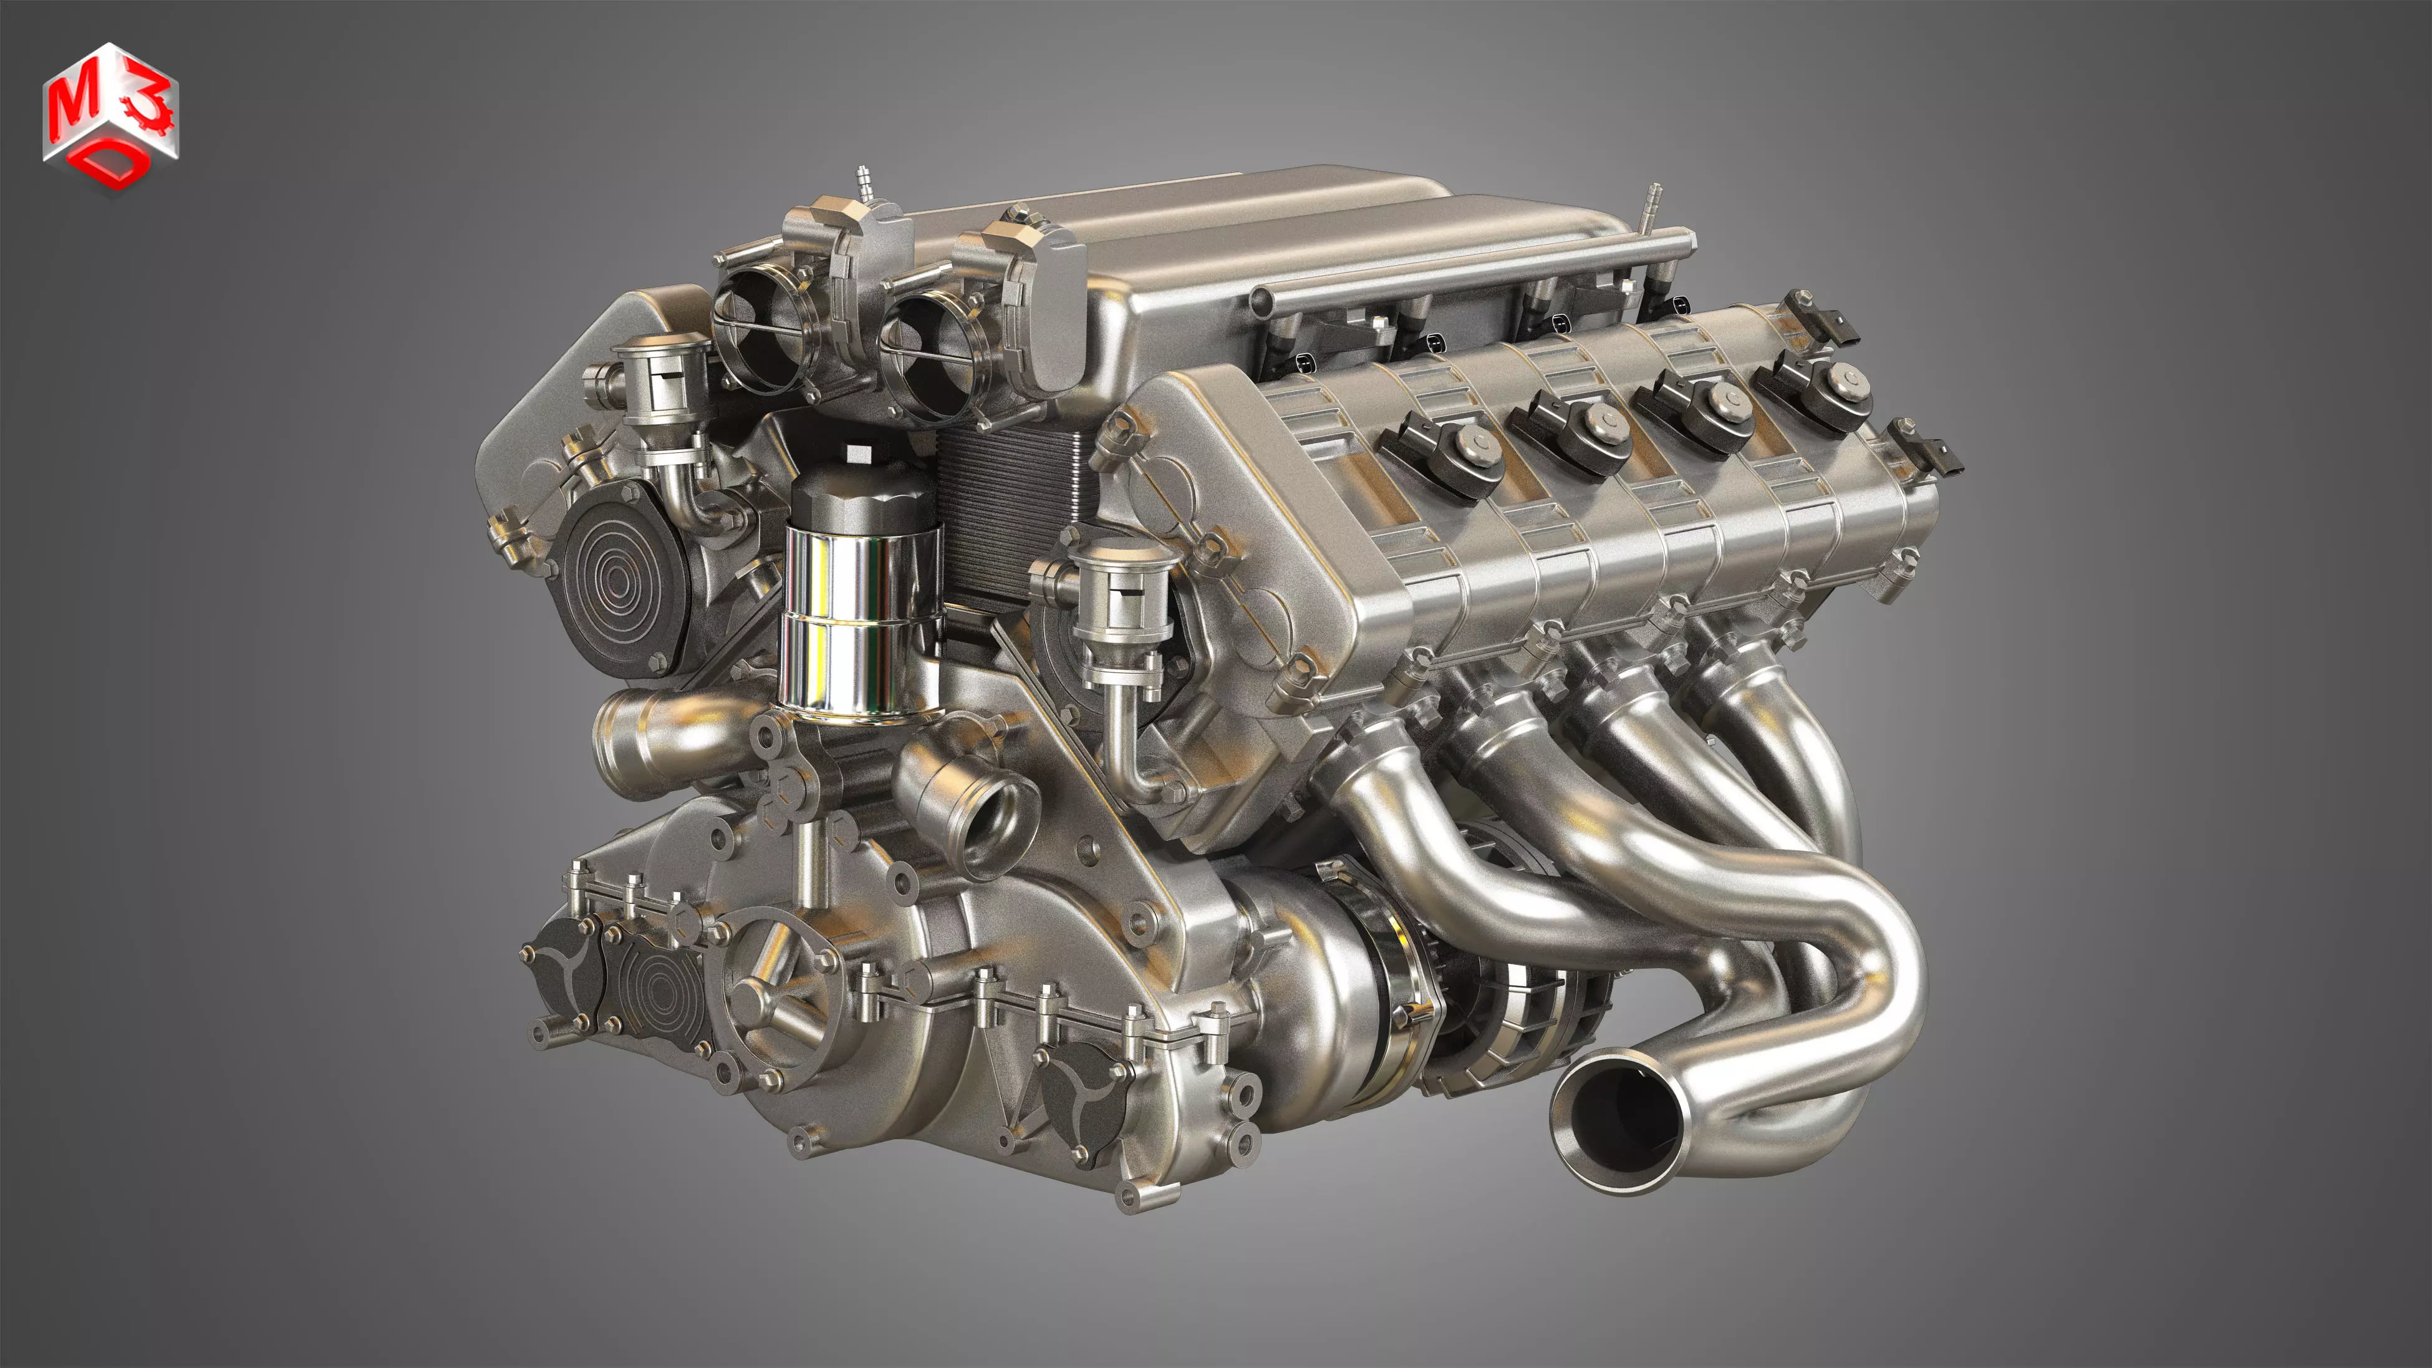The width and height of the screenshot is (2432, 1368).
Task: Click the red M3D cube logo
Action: (x=110, y=118)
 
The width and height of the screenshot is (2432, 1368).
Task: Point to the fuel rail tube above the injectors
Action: (x=1473, y=268)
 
